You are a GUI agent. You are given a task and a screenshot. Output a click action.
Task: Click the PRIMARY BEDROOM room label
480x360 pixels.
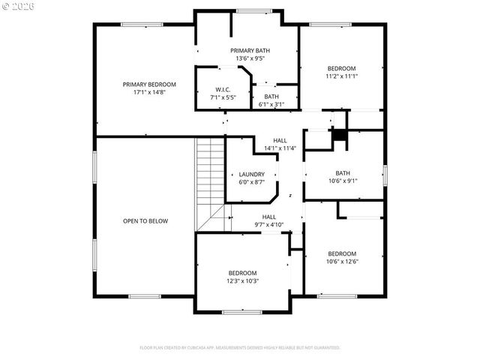click(x=149, y=84)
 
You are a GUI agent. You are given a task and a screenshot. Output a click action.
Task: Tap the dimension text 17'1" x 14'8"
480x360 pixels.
click(x=149, y=92)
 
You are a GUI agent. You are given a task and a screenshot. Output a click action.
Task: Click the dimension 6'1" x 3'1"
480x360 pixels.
click(x=271, y=104)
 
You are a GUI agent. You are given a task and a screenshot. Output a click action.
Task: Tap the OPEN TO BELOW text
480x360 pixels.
click(x=145, y=221)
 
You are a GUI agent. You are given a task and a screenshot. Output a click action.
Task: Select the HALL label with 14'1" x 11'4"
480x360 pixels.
click(x=280, y=140)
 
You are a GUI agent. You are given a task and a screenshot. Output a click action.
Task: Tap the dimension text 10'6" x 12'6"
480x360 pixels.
click(x=341, y=262)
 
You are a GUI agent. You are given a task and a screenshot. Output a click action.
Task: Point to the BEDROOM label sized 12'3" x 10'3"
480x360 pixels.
click(x=242, y=273)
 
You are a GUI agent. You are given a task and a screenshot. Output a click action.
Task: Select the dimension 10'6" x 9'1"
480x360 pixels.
click(x=342, y=180)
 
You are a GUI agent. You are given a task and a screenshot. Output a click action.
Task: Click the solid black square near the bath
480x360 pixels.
click(x=340, y=135)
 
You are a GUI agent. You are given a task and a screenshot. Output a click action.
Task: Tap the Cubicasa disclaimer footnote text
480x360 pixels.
click(x=240, y=347)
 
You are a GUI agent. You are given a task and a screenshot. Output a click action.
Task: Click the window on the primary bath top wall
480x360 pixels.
click(x=247, y=10)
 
